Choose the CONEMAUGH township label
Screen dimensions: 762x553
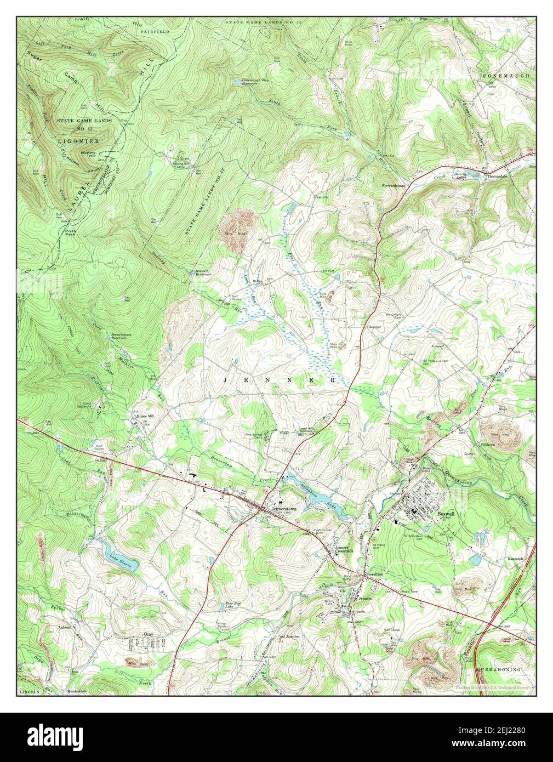[x=506, y=75]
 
